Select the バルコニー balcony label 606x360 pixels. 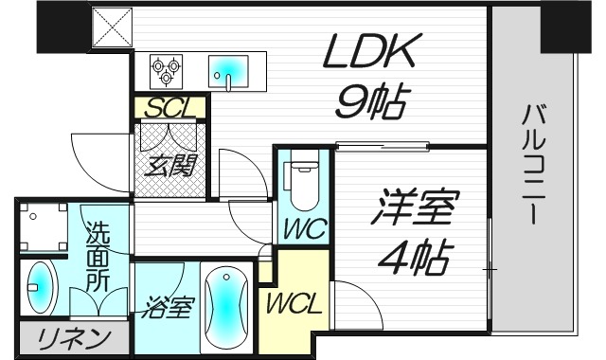coord(533,165)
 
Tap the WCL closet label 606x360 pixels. coord(294,305)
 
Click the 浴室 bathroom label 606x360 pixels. coord(170,309)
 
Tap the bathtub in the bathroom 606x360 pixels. coord(225,309)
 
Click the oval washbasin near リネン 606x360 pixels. coord(41,288)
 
